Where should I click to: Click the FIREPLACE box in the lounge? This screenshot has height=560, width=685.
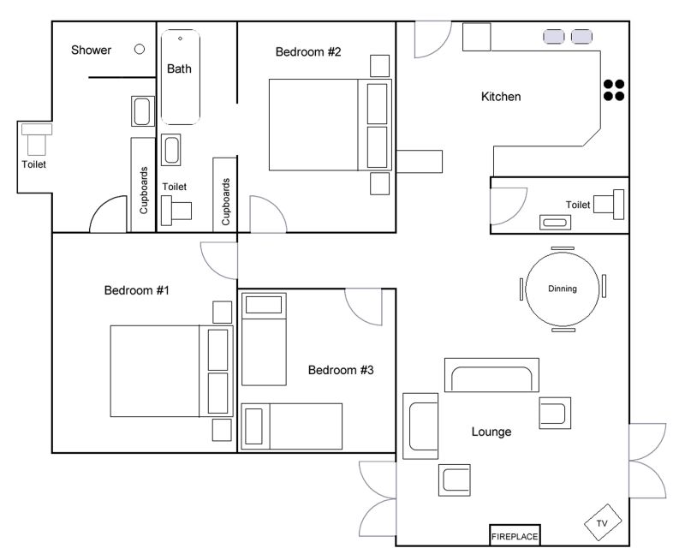pos(515,535)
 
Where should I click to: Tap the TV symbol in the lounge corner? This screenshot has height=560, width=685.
pos(603,522)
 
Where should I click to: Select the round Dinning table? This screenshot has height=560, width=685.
pos(563,289)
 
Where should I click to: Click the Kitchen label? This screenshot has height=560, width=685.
pos(501,97)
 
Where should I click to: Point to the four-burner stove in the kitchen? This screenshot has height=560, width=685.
pos(614,90)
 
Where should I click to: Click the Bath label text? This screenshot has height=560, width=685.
pos(179,69)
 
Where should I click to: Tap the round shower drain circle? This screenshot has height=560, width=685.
pos(140,50)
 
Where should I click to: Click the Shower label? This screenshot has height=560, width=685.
pos(91,50)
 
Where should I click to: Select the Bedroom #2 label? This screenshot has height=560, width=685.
pos(308,52)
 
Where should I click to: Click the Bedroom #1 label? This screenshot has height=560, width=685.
pos(136,290)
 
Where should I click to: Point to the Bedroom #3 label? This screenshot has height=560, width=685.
pos(341,371)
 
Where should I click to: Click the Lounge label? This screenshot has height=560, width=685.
pos(491,432)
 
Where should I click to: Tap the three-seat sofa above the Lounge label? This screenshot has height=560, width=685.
pos(491,375)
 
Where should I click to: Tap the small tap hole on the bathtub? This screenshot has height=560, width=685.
pos(180,39)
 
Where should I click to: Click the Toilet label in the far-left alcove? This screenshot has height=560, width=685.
pos(33,164)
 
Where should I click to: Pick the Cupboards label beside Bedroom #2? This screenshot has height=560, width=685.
pos(225,202)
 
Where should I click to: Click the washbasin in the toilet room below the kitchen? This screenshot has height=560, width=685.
pos(555,223)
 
